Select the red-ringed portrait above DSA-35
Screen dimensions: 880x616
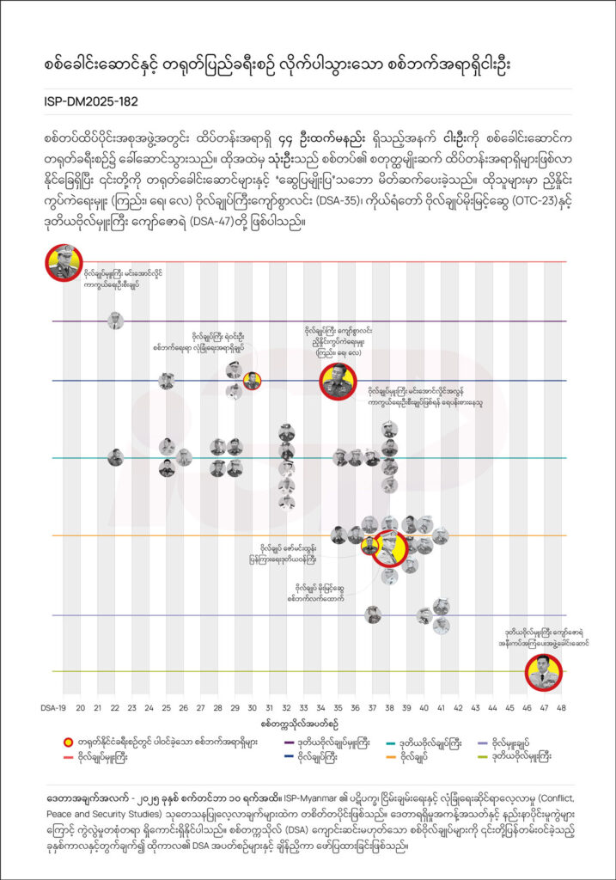pyautogui.click(x=338, y=381)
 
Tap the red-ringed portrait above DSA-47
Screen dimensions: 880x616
pyautogui.click(x=543, y=672)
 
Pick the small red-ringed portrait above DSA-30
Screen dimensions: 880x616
pyautogui.click(x=252, y=381)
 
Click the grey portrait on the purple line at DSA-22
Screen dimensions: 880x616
pyautogui.click(x=115, y=321)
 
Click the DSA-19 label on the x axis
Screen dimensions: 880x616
pyautogui.click(x=54, y=708)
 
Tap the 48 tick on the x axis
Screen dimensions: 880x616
pyautogui.click(x=561, y=708)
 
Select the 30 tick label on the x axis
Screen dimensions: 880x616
pyautogui.click(x=252, y=708)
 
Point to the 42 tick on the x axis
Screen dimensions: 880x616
pyautogui.click(x=458, y=708)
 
